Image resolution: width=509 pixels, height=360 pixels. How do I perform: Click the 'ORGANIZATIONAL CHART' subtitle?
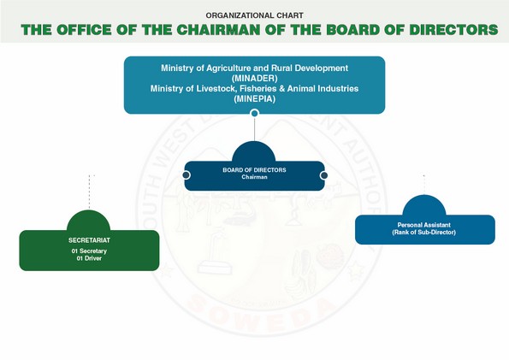(255, 15)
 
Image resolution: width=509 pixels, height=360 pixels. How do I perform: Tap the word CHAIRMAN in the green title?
(218, 30)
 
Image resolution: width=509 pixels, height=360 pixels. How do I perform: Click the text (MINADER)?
(255, 78)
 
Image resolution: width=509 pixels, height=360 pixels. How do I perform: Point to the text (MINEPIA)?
(255, 98)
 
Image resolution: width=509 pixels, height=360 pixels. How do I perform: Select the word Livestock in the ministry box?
(214, 89)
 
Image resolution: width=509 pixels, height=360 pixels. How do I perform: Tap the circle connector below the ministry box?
(255, 113)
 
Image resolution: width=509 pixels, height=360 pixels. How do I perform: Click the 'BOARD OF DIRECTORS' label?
(255, 170)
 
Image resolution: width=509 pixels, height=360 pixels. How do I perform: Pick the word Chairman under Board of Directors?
(255, 177)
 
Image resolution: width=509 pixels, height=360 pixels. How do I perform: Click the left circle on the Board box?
(186, 175)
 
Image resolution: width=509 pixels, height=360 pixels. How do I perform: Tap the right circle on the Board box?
(323, 175)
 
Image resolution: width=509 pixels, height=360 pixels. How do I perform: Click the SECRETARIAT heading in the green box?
(89, 240)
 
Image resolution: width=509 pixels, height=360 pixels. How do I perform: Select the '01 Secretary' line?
(89, 251)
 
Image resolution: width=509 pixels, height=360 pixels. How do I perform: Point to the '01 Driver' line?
(89, 258)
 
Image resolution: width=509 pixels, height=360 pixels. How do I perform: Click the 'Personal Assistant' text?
(424, 225)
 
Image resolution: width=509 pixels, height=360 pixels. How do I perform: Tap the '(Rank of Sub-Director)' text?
(424, 232)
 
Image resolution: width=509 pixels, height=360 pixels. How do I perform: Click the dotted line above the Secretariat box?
(89, 192)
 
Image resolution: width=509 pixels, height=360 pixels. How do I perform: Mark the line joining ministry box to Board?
(255, 129)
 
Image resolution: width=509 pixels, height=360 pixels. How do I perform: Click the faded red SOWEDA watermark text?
(263, 313)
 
